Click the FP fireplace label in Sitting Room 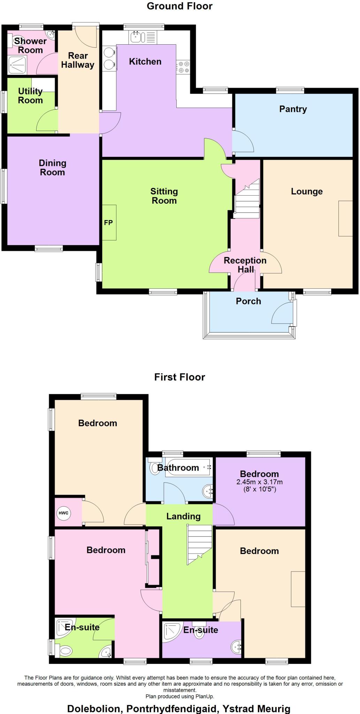108,223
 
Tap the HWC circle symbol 63,513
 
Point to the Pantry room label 293,109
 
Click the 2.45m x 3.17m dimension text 259,482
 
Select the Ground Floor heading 179,6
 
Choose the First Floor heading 179,377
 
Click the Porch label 248,301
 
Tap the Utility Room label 30,96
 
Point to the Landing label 183,516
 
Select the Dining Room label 52,167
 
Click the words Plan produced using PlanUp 180,696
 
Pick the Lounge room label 307,191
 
